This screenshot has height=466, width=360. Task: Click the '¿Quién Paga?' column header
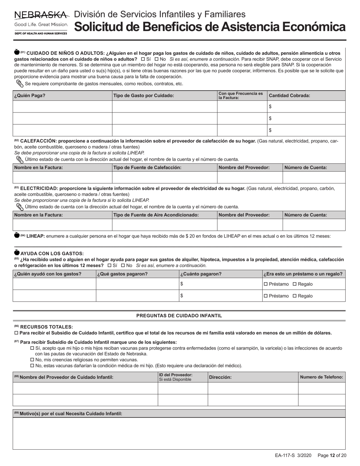pos(30,95)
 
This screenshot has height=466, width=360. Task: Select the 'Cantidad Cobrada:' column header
pos(290,95)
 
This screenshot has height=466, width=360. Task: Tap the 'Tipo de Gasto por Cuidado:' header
pos(144,95)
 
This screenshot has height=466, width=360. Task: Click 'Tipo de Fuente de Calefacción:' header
pos(147,167)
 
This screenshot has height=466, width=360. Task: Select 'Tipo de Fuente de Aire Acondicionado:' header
pos(156,215)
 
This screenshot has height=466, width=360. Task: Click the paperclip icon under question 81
pos(19,83)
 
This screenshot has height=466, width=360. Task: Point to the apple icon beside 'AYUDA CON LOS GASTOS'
pos(16,253)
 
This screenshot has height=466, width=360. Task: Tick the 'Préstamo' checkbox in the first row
pos(265,284)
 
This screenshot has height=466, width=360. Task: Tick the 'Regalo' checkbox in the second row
pos(295,296)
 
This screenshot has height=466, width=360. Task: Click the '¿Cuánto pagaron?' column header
pos(201,274)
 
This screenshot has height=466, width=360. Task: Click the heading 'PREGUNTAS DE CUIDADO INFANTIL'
pos(179,316)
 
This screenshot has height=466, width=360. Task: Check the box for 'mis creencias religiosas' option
pos(32,360)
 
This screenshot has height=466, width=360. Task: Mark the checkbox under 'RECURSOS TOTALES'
pos(16,333)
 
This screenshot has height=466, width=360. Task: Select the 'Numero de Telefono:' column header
pos(321,377)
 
